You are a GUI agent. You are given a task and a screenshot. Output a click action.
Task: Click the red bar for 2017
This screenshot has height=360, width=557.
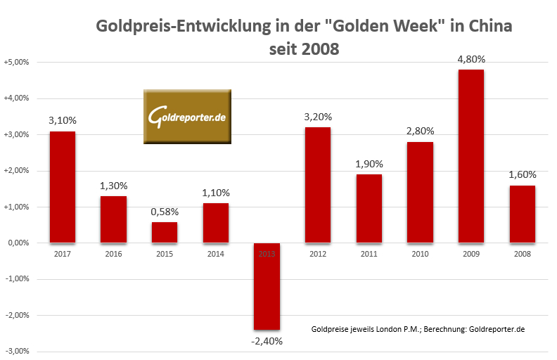(x=62, y=187)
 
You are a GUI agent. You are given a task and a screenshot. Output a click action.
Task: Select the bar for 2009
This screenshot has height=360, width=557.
(x=471, y=156)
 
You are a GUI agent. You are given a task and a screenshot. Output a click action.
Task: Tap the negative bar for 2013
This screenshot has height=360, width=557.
(x=267, y=286)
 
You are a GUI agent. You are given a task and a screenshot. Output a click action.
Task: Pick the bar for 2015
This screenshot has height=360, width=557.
(x=164, y=233)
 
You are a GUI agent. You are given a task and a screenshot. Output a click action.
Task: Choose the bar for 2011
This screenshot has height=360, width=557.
(x=369, y=209)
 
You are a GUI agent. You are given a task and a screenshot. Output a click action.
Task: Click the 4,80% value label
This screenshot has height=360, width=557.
(x=471, y=59)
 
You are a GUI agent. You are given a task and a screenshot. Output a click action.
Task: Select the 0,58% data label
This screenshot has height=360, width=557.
(x=164, y=212)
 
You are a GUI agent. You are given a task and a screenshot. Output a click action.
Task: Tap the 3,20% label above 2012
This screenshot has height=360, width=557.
(x=318, y=117)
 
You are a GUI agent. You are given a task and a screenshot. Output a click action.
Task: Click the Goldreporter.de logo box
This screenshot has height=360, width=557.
(x=187, y=117)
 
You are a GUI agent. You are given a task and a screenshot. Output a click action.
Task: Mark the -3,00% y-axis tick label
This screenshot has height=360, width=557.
(x=17, y=352)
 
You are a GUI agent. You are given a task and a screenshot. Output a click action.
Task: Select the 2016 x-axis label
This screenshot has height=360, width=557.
(x=113, y=254)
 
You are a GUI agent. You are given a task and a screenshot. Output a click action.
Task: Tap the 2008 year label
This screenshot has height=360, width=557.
(x=522, y=254)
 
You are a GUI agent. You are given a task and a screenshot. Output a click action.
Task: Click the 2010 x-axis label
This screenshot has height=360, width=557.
(x=420, y=254)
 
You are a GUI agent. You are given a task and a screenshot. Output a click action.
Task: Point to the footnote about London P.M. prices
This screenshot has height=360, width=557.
(x=418, y=329)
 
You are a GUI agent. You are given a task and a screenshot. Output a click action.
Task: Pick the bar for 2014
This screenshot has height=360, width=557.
(x=215, y=223)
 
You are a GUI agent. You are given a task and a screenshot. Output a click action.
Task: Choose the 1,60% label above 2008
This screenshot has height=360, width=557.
(x=522, y=175)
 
